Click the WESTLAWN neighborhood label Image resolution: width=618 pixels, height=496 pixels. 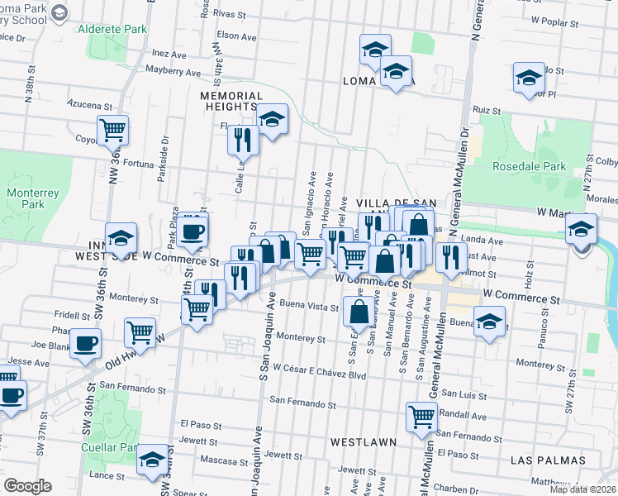(x=363, y=442)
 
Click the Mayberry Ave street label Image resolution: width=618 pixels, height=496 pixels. (x=174, y=73)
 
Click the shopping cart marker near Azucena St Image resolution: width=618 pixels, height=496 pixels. (x=112, y=129)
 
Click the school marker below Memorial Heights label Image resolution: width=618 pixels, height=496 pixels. (x=271, y=119)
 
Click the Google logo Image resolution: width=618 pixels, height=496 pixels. (x=28, y=486)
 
